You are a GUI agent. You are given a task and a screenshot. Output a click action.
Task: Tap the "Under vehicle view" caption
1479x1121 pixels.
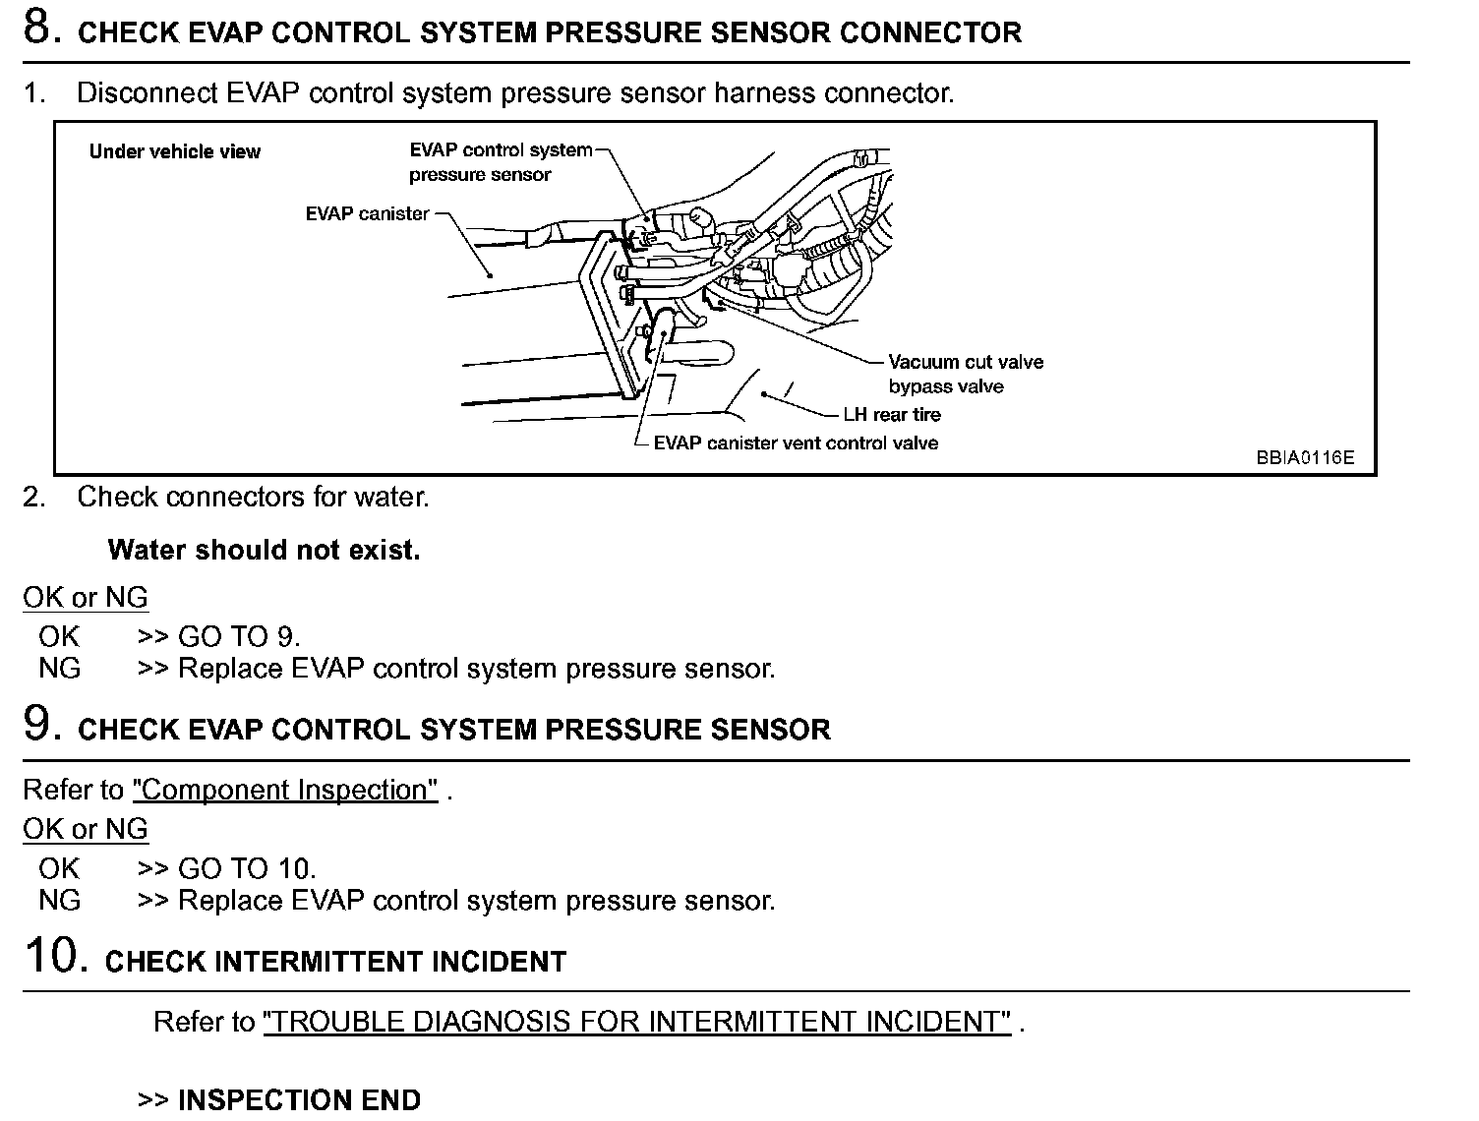click(x=174, y=151)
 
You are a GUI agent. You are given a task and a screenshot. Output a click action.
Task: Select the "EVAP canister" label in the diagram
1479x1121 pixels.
click(x=367, y=213)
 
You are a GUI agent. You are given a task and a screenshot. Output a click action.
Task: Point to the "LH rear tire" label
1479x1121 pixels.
click(x=892, y=415)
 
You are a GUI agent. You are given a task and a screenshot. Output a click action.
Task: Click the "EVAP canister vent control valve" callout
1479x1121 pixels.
click(x=796, y=443)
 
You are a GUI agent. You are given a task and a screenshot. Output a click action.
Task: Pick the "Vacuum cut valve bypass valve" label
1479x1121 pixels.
click(x=965, y=374)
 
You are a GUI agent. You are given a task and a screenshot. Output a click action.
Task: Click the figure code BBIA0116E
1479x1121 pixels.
click(x=1304, y=457)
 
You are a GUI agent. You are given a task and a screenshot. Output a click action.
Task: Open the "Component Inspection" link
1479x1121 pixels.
click(x=285, y=791)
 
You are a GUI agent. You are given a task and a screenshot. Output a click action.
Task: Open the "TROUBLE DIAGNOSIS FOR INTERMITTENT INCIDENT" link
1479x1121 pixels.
click(x=637, y=1022)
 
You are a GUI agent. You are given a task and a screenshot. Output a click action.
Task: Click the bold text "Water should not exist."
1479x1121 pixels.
click(x=264, y=550)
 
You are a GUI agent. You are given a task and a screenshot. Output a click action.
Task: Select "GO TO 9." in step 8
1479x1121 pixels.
click(x=239, y=636)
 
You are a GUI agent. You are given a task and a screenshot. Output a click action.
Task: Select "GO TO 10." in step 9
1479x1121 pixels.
click(x=247, y=868)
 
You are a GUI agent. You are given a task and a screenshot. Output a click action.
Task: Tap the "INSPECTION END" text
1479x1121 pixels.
click(x=299, y=1099)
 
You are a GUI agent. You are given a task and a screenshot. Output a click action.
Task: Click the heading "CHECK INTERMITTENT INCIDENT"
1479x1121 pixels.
click(x=335, y=961)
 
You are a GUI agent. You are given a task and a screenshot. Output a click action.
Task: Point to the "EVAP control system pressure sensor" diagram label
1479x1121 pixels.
click(x=500, y=162)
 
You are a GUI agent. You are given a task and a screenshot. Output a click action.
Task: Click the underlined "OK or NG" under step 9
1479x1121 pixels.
click(x=86, y=829)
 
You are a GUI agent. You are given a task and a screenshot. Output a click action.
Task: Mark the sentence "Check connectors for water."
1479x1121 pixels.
click(x=253, y=497)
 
